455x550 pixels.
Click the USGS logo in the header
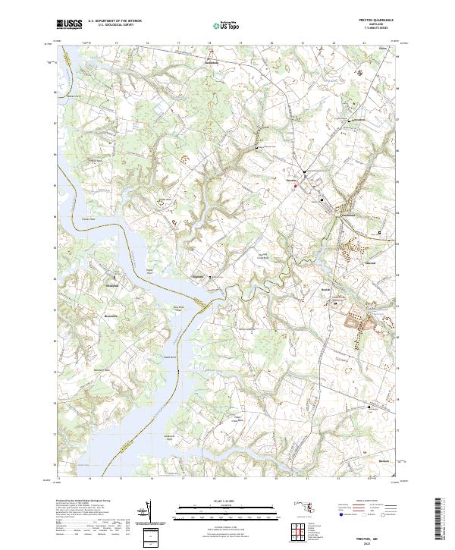(x=69, y=25)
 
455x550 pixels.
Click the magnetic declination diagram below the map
(x=149, y=513)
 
